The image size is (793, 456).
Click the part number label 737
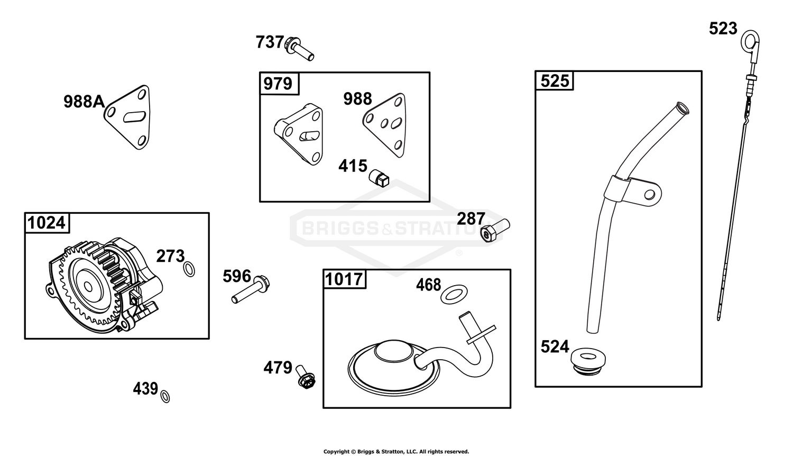tap(270, 42)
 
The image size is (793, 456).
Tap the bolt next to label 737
tap(299, 49)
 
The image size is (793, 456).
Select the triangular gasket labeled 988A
tap(128, 117)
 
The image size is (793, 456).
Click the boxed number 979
tap(278, 84)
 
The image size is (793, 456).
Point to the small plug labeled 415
tap(379, 178)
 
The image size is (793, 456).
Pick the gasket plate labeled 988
tap(385, 125)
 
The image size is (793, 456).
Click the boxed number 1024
tap(47, 223)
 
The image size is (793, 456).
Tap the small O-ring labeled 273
tap(189, 269)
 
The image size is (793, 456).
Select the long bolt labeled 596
tap(250, 289)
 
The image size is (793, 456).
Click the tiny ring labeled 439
tap(165, 396)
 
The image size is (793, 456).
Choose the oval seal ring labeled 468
tap(454, 294)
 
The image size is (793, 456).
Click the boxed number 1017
tap(344, 279)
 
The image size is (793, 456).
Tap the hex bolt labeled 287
tap(495, 230)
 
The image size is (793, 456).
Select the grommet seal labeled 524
tap(588, 361)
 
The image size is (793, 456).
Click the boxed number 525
tap(555, 81)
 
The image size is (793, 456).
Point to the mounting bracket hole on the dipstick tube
tap(650, 194)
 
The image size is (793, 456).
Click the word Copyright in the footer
tap(336, 452)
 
